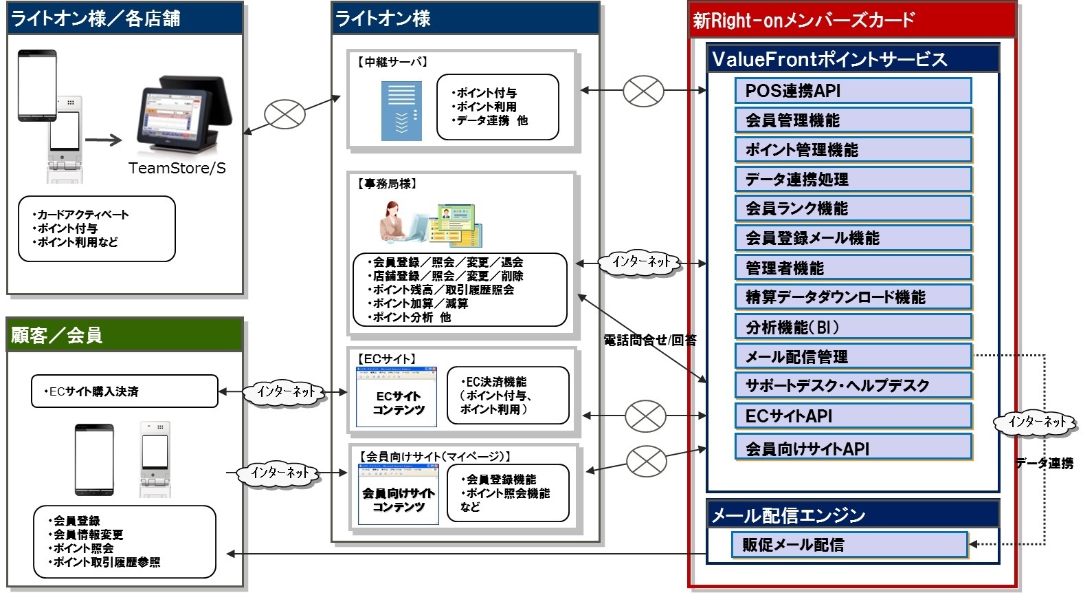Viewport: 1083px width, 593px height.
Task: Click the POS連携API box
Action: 853,91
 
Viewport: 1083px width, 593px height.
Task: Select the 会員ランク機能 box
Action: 853,208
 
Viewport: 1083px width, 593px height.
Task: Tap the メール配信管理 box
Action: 853,356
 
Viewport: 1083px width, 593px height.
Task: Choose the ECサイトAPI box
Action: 853,416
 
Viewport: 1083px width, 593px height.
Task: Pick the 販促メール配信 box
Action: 849,545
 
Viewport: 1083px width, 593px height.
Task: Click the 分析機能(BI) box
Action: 853,327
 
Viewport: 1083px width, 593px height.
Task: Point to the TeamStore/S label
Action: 177,169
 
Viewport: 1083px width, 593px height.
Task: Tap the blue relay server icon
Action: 401,111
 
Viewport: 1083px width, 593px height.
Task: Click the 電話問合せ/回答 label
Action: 649,340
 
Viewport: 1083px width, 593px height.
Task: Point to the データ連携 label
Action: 1045,464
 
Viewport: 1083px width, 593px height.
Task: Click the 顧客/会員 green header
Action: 124,335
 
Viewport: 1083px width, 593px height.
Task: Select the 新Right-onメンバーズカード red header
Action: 851,20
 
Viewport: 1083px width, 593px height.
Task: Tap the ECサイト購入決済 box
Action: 124,391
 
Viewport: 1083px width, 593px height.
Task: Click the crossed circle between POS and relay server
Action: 284,114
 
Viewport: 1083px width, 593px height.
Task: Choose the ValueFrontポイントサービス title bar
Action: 852,59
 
